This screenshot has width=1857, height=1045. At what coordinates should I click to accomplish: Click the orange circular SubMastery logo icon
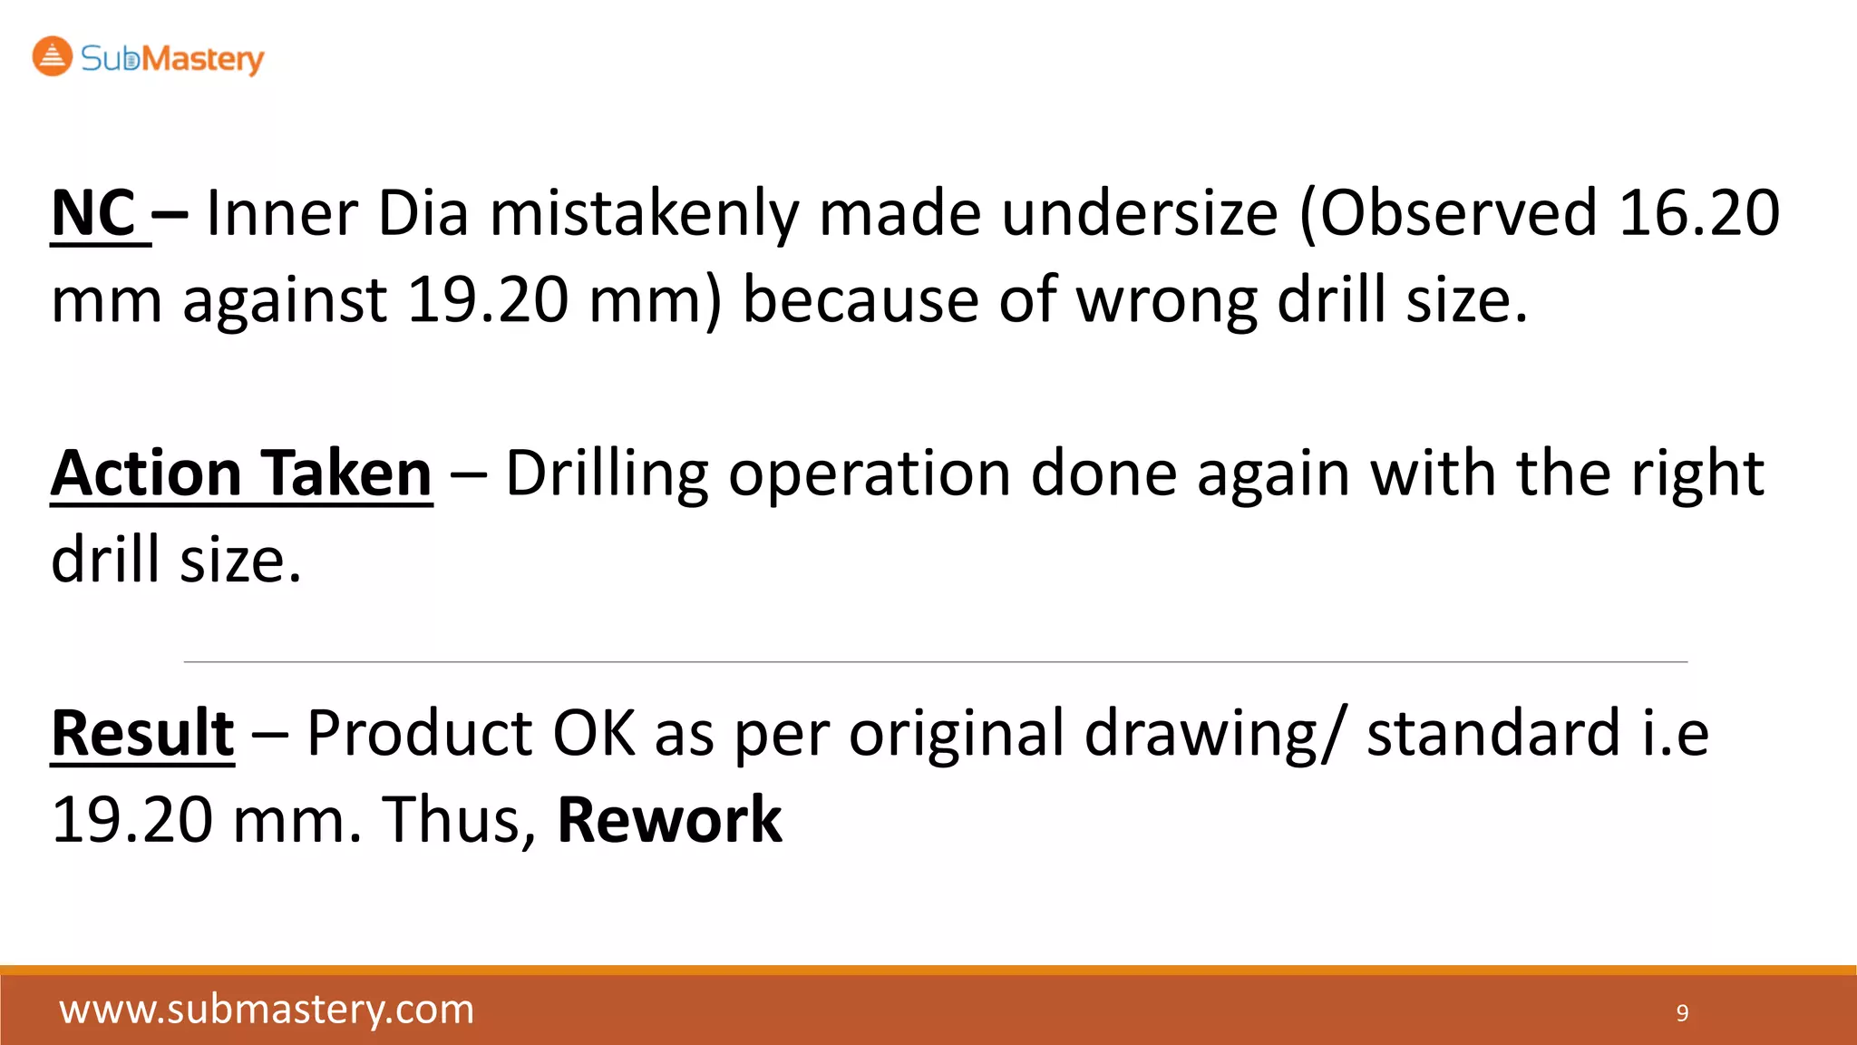52,57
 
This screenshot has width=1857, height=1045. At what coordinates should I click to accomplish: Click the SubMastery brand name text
172,59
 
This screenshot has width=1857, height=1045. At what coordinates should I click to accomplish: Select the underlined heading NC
94,214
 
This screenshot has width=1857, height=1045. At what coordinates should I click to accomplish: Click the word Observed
1456,214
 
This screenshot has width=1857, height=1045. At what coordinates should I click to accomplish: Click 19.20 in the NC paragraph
488,300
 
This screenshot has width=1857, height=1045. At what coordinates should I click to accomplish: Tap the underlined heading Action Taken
241,474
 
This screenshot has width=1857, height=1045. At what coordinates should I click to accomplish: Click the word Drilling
607,475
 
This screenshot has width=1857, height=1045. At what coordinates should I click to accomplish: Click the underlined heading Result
142,733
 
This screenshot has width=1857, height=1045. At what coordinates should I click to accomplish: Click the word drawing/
1210,735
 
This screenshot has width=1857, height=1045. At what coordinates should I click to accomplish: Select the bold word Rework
669,820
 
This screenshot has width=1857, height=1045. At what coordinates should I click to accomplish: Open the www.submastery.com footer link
267,1010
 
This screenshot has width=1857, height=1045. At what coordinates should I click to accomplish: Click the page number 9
1682,1013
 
